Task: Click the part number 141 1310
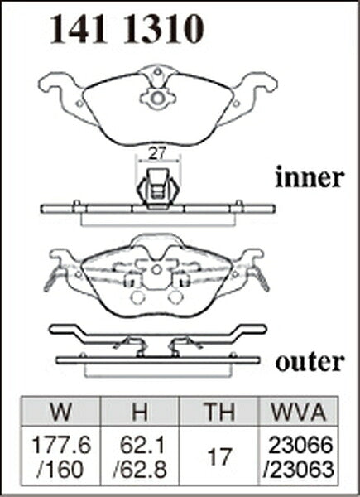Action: pos(127,30)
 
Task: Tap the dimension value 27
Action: pos(157,154)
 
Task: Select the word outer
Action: pos(310,362)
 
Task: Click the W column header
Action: pos(60,411)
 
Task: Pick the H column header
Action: pos(140,411)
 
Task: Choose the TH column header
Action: pos(218,411)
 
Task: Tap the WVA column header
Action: pos(298,411)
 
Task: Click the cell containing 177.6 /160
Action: pos(60,456)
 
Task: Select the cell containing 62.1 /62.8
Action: pos(140,456)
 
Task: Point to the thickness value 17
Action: pos(218,456)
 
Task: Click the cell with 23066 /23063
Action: pos(298,456)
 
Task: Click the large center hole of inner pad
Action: pos(157,99)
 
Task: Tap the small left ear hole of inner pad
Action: pos(79,104)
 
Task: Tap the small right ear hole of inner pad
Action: pos(236,104)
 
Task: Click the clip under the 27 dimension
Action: pos(158,189)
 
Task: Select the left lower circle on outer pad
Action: pos(137,297)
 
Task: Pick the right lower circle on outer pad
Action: pos(175,297)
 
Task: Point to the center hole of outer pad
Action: pos(156,270)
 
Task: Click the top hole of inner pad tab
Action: pos(157,71)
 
